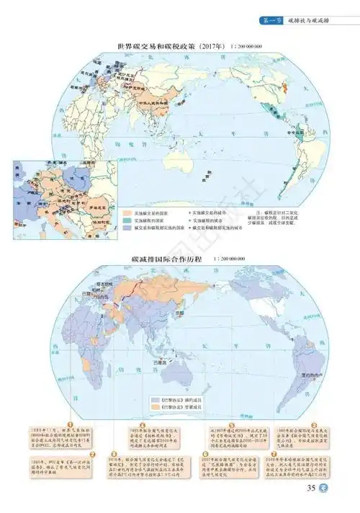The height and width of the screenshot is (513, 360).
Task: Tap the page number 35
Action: click(x=312, y=491)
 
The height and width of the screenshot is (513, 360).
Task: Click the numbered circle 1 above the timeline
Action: click(x=71, y=424)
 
